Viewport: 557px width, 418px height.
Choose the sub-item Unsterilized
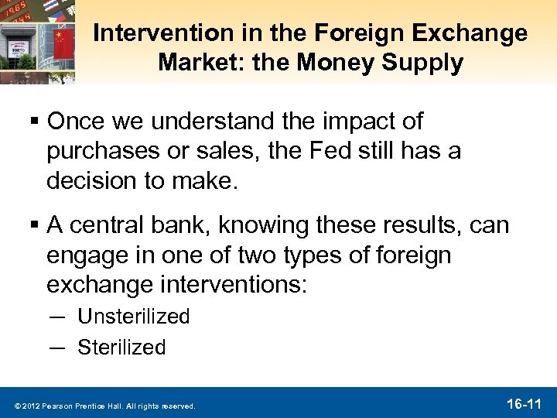click(134, 317)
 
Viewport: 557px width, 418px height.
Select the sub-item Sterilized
click(121, 348)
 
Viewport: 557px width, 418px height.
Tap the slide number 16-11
click(524, 403)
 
